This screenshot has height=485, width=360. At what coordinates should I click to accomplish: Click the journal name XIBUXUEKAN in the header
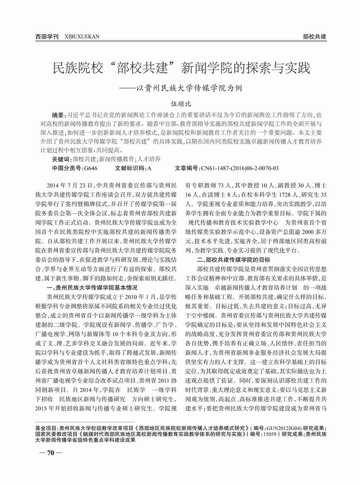pos(82,37)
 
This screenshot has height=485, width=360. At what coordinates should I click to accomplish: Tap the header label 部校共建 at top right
pos(314,37)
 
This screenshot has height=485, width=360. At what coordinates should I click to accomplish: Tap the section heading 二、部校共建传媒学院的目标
pos(233,260)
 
